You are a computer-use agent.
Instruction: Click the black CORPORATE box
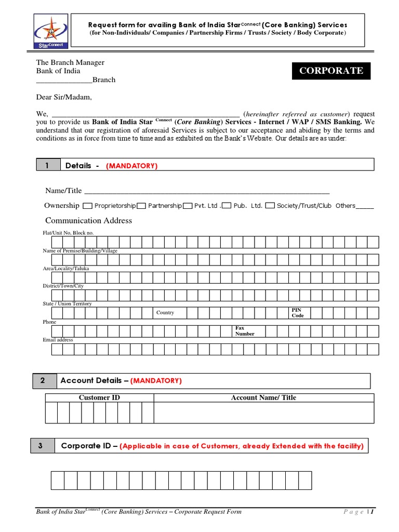click(x=330, y=71)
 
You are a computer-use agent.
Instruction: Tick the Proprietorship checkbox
click(x=88, y=206)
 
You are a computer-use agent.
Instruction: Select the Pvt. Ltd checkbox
click(x=188, y=206)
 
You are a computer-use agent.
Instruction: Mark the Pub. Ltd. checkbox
click(x=226, y=206)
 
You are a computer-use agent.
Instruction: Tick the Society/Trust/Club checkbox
click(x=270, y=206)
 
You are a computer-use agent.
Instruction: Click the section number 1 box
click(x=47, y=165)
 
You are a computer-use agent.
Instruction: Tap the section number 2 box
click(x=43, y=381)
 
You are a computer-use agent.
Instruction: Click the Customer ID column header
click(x=95, y=397)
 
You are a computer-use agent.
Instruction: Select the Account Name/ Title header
click(x=263, y=397)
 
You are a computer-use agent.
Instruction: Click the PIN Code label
click(x=298, y=313)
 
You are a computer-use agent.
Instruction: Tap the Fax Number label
click(x=245, y=331)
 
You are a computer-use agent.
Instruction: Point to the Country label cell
click(x=165, y=313)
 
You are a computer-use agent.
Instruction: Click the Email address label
click(x=58, y=340)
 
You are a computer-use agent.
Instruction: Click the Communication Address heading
click(x=88, y=220)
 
